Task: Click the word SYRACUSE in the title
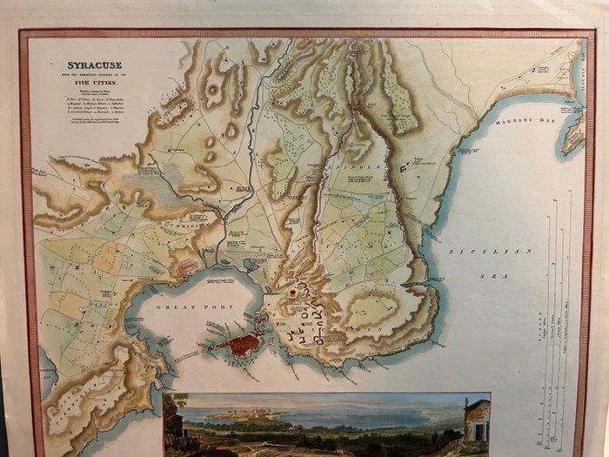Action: coord(96,65)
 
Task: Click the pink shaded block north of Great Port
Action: coord(187,265)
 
